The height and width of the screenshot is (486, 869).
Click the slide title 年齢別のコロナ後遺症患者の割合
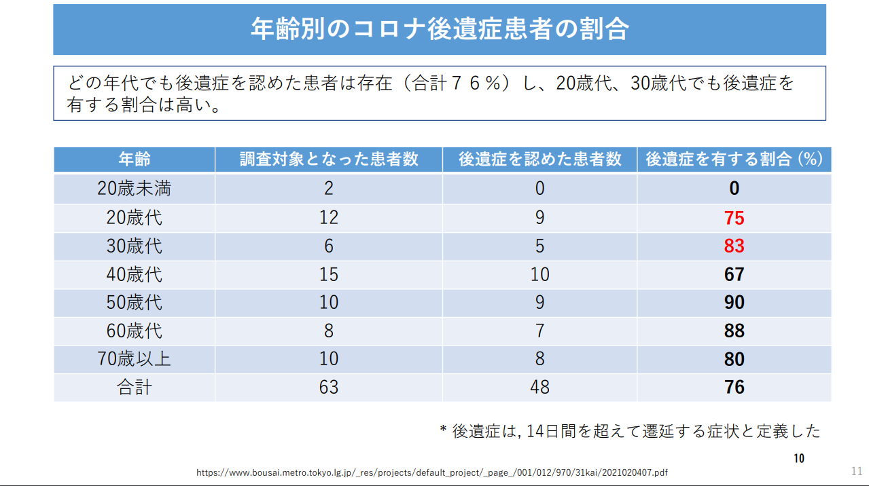point(439,30)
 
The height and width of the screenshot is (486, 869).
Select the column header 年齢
point(135,160)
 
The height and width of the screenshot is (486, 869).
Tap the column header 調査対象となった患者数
point(329,160)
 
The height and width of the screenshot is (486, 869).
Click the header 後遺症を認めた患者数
point(539,160)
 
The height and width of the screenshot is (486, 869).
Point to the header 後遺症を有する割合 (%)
point(734,160)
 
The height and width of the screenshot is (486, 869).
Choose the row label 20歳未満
point(135,189)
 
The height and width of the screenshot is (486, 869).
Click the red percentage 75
point(734,218)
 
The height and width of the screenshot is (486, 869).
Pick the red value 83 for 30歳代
point(734,246)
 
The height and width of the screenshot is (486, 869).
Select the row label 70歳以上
point(135,359)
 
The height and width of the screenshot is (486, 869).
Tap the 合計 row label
point(135,388)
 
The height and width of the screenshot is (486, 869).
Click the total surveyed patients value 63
point(329,388)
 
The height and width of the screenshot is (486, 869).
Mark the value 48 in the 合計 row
point(539,388)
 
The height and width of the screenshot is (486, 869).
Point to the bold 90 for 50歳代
point(734,303)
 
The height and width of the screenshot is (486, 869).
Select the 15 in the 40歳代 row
point(329,274)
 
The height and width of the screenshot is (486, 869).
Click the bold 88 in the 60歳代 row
point(734,331)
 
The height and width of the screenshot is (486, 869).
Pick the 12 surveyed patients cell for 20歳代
point(329,218)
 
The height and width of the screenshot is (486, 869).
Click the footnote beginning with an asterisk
point(630,431)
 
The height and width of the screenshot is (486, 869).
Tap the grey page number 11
point(856,471)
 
